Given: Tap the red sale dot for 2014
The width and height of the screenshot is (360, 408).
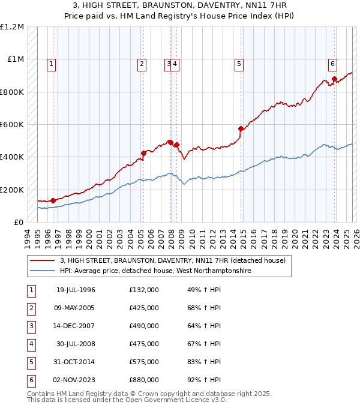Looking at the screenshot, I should (241, 128).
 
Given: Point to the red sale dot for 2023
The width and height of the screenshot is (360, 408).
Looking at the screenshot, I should (334, 79).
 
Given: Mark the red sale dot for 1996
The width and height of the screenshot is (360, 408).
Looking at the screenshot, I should (53, 200).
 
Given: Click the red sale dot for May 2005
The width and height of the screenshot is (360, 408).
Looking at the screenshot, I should (143, 153).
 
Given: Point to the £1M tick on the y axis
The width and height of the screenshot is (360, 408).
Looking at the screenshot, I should (16, 59).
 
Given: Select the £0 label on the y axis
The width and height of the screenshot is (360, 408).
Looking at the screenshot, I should (18, 222).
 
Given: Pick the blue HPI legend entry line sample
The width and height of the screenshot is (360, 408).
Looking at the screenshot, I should (43, 271).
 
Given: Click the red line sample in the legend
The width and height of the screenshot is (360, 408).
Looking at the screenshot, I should (43, 260).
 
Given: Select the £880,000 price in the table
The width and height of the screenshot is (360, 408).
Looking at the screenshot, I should (144, 380).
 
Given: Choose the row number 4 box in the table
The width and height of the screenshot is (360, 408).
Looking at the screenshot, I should (30, 344).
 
